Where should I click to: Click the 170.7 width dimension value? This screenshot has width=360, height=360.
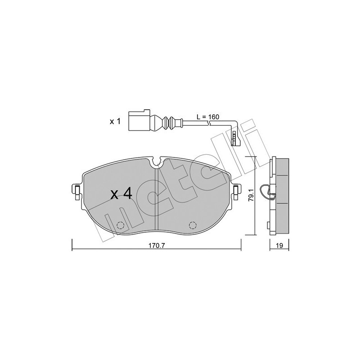156,246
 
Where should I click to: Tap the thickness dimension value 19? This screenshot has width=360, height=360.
279,246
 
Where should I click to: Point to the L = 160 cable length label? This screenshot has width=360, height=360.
208,117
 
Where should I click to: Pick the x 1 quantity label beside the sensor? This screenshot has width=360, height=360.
115,122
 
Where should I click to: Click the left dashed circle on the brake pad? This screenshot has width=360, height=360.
120,225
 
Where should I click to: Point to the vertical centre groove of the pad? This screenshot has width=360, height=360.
156,198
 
